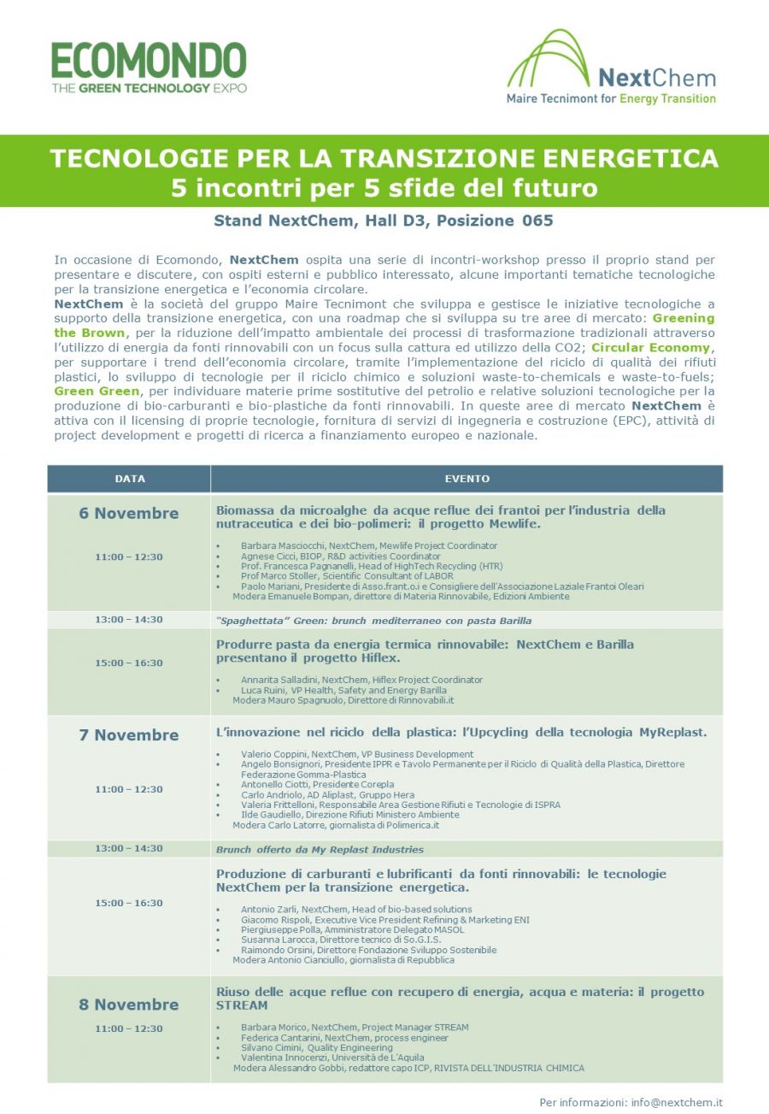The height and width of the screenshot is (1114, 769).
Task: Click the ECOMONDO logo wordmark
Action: click(x=149, y=61)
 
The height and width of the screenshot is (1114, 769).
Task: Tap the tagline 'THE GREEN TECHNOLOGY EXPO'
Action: click(x=149, y=88)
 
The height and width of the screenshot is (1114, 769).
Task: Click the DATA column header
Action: click(x=130, y=479)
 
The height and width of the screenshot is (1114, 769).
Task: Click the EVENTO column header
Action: click(x=467, y=479)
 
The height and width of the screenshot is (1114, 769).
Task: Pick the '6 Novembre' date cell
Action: click(x=129, y=514)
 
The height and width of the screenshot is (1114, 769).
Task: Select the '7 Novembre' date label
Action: click(x=129, y=735)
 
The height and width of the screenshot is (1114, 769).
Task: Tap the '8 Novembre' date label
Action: click(x=129, y=1005)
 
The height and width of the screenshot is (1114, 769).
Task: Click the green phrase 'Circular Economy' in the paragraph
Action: click(x=650, y=348)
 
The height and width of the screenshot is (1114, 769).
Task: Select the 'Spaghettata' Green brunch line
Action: click(x=373, y=621)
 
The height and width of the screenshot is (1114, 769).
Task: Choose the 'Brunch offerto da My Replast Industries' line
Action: click(x=320, y=849)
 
